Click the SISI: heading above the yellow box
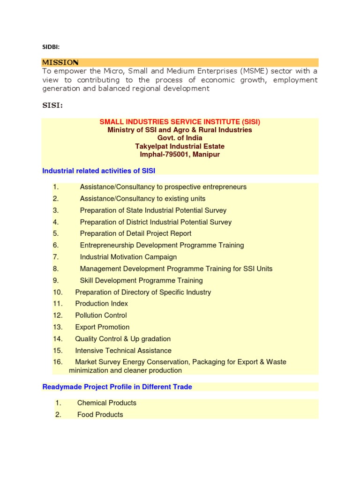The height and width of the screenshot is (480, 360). [52, 105]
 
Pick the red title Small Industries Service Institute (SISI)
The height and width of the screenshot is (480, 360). [180, 122]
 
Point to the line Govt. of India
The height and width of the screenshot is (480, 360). [180, 138]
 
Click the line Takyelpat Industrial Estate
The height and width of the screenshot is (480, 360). [180, 146]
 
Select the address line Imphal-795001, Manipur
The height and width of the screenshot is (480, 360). [180, 154]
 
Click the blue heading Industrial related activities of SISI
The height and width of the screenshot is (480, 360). [98, 171]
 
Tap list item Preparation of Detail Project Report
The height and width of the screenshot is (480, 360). [135, 233]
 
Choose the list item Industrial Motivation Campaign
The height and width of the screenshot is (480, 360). [128, 257]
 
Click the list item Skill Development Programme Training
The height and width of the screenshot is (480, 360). [141, 280]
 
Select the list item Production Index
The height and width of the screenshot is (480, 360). [101, 304]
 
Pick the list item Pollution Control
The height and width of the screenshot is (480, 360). [101, 315]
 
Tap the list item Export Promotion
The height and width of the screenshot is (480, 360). [102, 327]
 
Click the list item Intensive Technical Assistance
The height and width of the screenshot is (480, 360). [123, 351]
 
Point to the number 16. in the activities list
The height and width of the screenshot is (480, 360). [58, 362]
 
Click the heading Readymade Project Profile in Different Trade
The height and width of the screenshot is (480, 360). [117, 387]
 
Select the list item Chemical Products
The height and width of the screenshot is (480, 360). [107, 403]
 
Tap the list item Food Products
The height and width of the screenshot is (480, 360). [100, 414]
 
